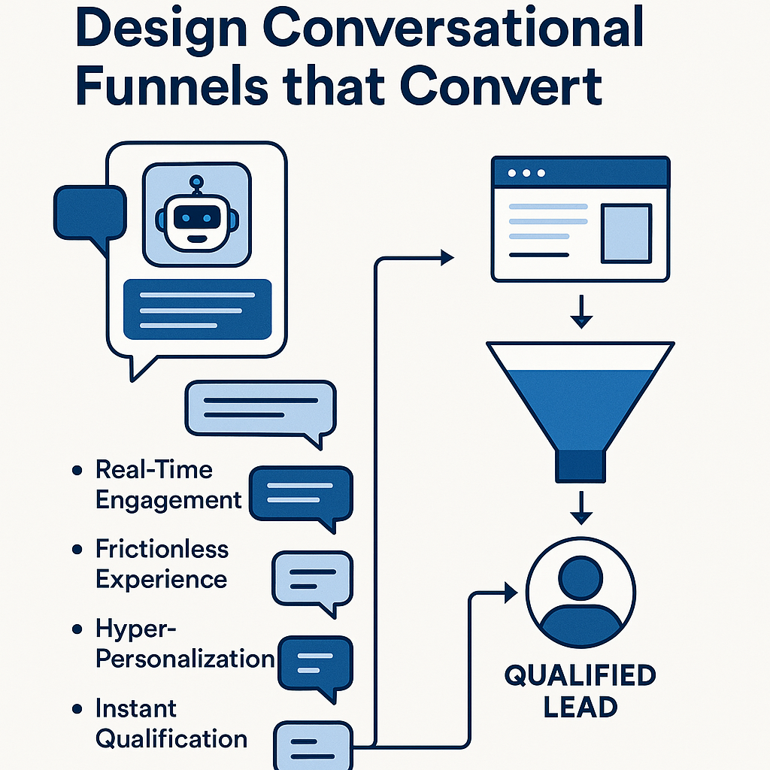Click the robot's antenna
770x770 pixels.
point(197,183)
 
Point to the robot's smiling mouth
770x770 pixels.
point(196,238)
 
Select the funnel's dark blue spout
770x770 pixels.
point(580,466)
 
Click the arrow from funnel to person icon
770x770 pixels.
point(579,509)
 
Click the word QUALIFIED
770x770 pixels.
point(580,675)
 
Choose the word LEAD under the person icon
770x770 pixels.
point(581,707)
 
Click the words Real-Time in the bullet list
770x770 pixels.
point(153,470)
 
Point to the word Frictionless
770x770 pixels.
point(162,549)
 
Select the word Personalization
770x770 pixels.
point(186,659)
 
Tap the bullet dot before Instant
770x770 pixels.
point(77,708)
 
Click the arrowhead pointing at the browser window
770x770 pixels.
point(447,259)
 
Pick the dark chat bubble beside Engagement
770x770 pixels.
point(300,494)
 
